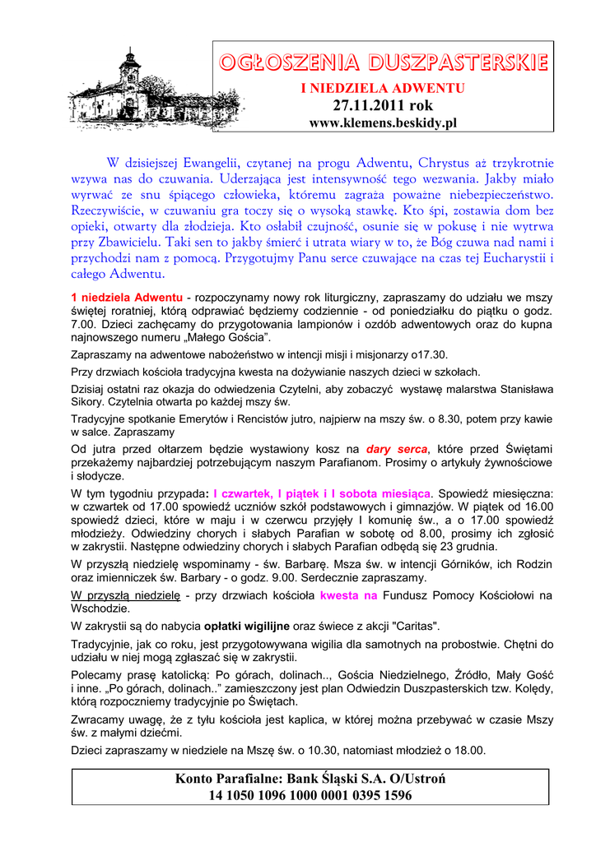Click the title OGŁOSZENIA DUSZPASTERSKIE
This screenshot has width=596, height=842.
(x=383, y=62)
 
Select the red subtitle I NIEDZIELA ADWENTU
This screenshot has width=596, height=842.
(x=382, y=88)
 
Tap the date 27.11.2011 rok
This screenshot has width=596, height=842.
(x=382, y=105)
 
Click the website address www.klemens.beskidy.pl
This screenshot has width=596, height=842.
(x=382, y=123)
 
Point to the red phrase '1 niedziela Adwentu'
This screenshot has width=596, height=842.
(x=128, y=296)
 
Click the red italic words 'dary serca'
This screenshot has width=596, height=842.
(x=397, y=449)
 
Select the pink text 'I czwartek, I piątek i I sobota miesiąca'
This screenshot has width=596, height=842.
(x=321, y=493)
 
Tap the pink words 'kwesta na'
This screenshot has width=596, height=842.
(x=348, y=594)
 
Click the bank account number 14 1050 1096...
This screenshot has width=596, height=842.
(x=310, y=795)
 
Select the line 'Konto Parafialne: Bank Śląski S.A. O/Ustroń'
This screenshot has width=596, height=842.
(x=310, y=778)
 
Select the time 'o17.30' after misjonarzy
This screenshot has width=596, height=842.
(x=430, y=354)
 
